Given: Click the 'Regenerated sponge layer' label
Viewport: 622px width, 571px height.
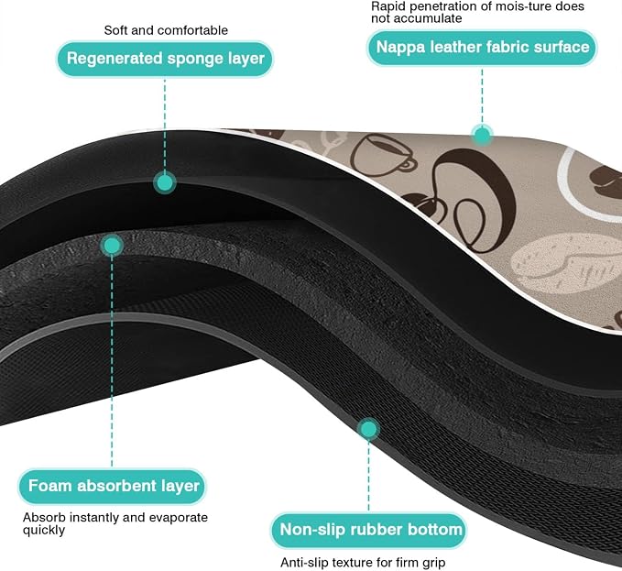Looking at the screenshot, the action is pos(165,59).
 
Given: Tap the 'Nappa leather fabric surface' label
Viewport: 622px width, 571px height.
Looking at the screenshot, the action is pos(482,48).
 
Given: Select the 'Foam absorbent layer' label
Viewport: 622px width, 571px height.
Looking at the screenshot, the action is pos(113,486).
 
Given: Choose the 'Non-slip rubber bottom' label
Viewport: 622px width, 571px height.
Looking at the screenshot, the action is pos(369,530).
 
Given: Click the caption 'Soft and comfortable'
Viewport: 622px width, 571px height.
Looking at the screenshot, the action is pos(166,30).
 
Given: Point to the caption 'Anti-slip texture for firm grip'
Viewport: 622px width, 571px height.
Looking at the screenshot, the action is pos(363,562).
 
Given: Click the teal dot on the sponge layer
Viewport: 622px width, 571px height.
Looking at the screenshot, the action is pos(165,183).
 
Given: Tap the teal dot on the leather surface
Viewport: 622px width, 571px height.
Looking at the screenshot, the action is pos(482,136).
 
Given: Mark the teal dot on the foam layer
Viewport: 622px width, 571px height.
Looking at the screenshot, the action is pos(112,246).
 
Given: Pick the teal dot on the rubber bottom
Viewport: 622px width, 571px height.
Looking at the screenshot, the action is pos(368,429).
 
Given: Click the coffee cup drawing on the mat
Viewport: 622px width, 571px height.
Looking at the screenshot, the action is pos(382,156).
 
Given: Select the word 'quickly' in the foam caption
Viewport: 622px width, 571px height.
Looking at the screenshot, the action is pos(44,530).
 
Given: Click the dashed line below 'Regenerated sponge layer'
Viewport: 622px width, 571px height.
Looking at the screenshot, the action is pos(165,125).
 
